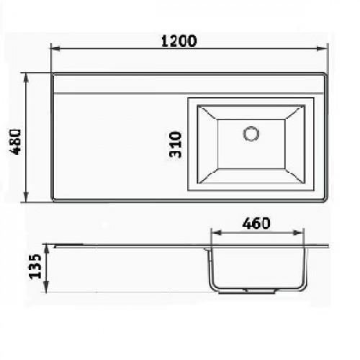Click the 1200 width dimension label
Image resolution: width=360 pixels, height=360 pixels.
click(179, 41)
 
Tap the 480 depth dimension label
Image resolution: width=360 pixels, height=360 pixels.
click(15, 142)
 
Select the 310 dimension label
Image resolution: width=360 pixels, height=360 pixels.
click(175, 144)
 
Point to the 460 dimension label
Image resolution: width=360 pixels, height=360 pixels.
click(256, 223)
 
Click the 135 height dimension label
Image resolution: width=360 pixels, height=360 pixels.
click(35, 266)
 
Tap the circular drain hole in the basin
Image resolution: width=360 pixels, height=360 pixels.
click(251, 133)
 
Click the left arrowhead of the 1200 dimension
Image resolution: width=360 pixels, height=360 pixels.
click(55, 48)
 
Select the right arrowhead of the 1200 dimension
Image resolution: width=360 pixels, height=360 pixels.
click(321, 48)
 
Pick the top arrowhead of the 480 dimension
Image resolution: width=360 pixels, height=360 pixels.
click(26, 78)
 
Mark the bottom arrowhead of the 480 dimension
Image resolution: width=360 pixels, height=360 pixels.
click(26, 197)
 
